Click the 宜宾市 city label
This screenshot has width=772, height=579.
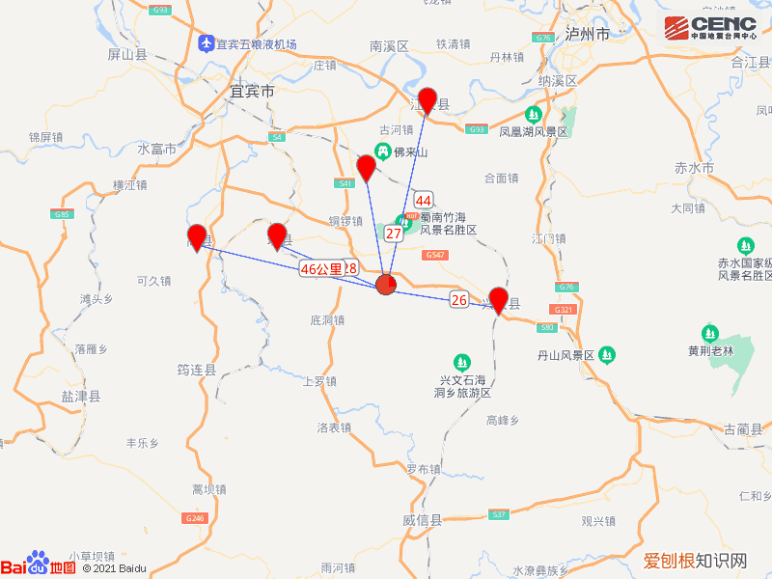[x=252, y=92]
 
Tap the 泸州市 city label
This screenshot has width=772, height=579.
[x=588, y=34]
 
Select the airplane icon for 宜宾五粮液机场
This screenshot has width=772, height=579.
[x=206, y=43]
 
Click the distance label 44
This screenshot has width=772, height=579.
[x=423, y=201]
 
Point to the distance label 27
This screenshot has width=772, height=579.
[x=394, y=234]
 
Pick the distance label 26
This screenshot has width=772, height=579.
[x=459, y=300]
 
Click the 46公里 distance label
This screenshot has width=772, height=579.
[x=320, y=268]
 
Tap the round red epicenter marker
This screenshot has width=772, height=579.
[x=386, y=284]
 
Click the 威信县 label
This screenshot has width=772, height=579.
[x=422, y=520]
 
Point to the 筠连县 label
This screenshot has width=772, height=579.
[x=197, y=369]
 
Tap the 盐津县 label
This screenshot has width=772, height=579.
[x=80, y=396]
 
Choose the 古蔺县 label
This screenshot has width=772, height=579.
[x=742, y=428]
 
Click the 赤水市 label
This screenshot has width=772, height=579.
[x=694, y=168]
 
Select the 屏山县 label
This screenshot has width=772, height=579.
[x=127, y=54]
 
